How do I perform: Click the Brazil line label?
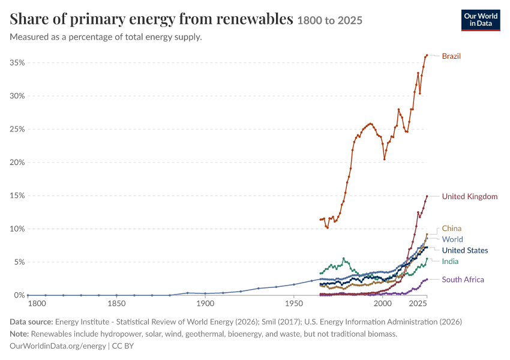pos(451,56)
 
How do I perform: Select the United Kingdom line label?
pos(470,196)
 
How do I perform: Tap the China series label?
pos(451,228)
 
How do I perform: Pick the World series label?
pos(452,239)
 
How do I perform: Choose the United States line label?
pos(465,250)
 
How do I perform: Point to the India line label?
pos(450,262)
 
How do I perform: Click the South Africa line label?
pos(463,280)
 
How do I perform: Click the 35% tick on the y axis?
pos(17,63)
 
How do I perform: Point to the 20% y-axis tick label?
pos(17,162)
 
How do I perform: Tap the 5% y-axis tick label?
pos(19,262)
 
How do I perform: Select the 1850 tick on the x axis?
pos(116,304)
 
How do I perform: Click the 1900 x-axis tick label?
pos(205,304)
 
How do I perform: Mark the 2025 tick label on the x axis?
pos(418,304)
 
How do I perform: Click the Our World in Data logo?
pos(481,20)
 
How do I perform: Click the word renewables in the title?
pos(254,19)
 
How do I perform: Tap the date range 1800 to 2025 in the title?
pos(329,20)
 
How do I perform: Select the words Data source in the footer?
pos(31,322)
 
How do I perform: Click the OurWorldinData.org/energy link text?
pos(58,346)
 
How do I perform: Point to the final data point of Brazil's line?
pos(427,55)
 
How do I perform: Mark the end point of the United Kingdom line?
pos(427,196)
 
